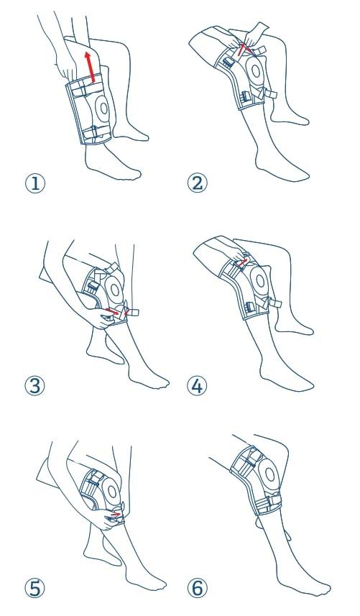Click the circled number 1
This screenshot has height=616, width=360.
click(35, 184)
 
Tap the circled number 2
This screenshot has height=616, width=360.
click(197, 183)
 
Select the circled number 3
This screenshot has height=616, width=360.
click(35, 386)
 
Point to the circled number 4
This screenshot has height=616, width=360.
click(197, 386)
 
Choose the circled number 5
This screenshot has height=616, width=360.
click(35, 588)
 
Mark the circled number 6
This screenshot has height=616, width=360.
click(197, 588)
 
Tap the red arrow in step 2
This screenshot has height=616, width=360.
click(242, 50)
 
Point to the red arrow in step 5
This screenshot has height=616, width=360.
click(116, 514)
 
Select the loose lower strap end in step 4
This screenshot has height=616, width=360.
click(274, 303)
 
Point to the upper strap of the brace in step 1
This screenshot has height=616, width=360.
click(87, 89)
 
